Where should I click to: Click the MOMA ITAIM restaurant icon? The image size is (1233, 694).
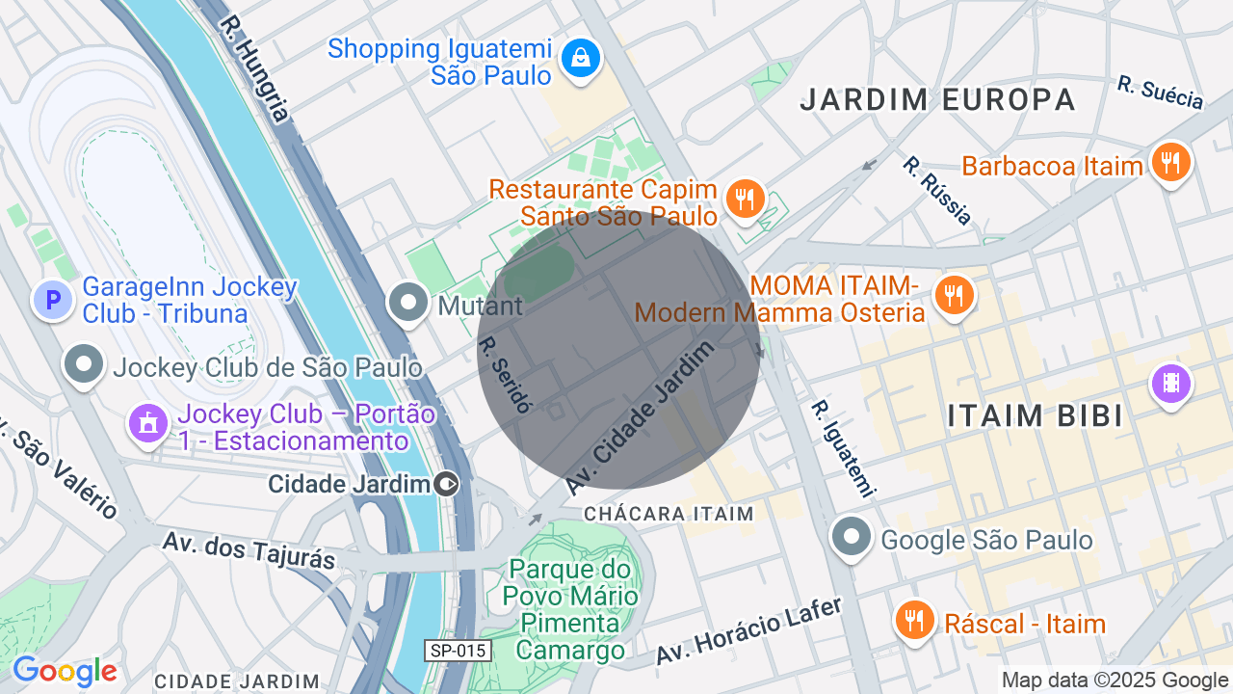(954, 296)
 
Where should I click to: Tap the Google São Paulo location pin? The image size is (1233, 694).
(852, 538)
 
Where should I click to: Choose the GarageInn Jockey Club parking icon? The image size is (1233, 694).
(53, 301)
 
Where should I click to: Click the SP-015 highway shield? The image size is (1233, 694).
(459, 651)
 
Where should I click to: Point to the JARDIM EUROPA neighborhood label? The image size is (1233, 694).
(937, 99)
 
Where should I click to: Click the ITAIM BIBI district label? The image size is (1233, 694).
(1035, 416)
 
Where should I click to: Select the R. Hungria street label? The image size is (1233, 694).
(253, 67)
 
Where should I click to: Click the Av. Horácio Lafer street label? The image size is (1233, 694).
(749, 630)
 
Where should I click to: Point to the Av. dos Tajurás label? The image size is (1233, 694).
(249, 549)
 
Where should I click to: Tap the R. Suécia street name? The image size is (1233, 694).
(1160, 93)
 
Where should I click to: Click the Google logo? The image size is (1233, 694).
(65, 671)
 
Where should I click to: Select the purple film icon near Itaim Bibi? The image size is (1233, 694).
(1170, 384)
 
